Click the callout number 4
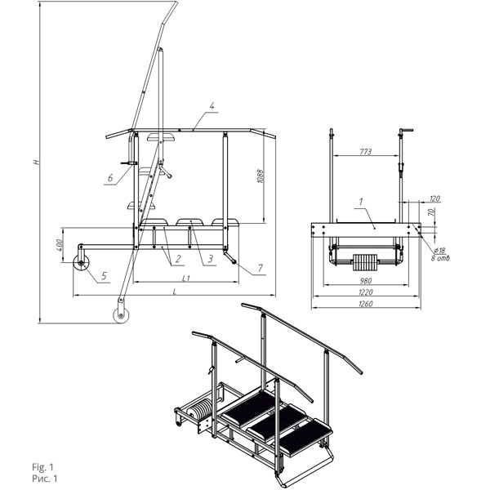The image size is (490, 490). [x=212, y=106]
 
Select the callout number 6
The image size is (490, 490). [x=110, y=178]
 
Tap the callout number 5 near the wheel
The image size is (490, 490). [x=104, y=276]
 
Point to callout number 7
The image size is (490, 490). [x=260, y=268]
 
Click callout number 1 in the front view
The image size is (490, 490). [x=361, y=202]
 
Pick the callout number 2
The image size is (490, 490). [x=178, y=259]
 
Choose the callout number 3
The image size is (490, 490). [x=211, y=259]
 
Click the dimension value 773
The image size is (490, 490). [x=366, y=152]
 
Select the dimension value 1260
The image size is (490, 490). [x=366, y=304]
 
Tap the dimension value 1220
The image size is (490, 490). [x=366, y=292]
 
